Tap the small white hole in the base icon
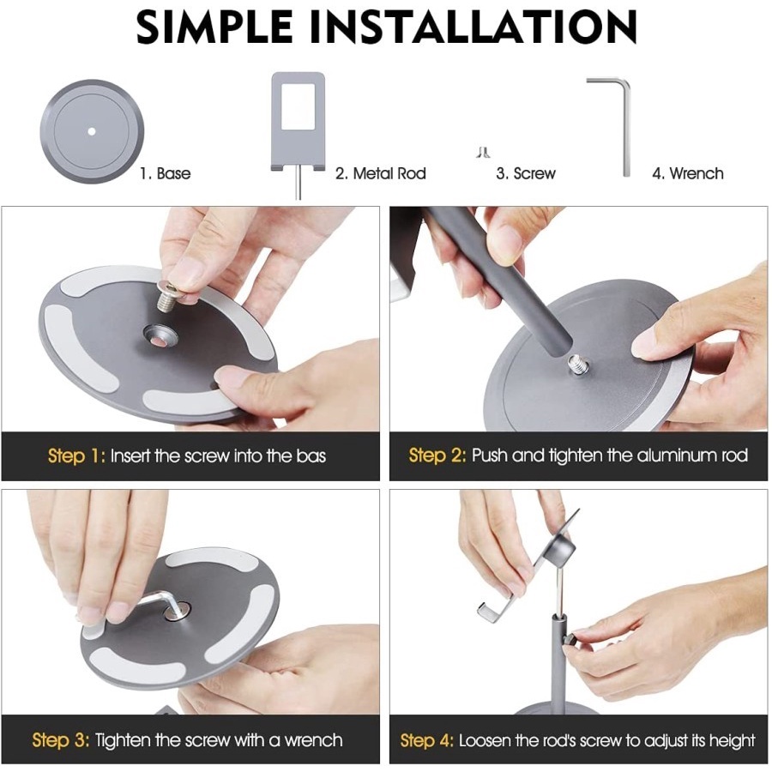92,131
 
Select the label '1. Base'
166,173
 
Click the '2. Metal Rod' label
381,173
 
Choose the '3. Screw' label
526,173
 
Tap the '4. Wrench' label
688,173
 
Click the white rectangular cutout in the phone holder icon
298,106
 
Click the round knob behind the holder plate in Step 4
561,551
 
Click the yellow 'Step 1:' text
77,456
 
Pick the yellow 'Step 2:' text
437,456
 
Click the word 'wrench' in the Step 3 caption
313,740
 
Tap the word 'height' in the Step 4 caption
731,740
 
